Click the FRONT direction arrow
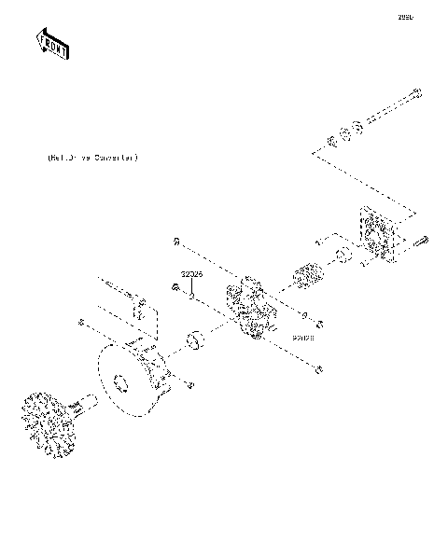[52, 43]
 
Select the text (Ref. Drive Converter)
[92, 159]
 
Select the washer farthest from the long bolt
[330, 143]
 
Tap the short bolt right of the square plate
[419, 242]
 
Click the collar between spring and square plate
[343, 256]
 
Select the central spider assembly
[248, 308]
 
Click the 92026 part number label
[192, 275]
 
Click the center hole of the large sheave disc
[119, 382]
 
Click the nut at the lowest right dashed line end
[320, 371]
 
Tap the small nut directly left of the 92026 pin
[175, 287]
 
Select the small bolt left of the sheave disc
[82, 322]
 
